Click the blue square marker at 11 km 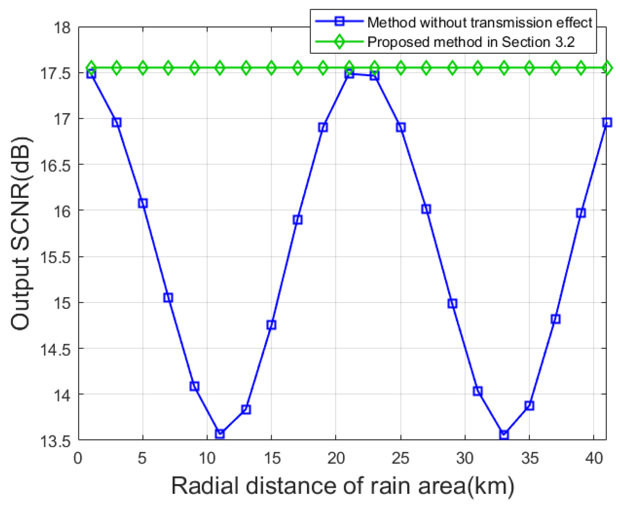[220, 434]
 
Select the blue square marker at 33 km [504, 434]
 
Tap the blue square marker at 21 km [349, 74]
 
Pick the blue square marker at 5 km [143, 203]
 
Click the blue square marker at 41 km [607, 122]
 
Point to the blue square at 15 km [271, 325]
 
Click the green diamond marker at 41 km [607, 68]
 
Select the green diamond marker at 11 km [220, 68]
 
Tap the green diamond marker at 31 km [478, 68]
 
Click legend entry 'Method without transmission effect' [479, 23]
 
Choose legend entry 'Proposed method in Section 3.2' [471, 42]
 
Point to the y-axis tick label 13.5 [55, 441]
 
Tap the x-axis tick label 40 [594, 458]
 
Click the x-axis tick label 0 [78, 458]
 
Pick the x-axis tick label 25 [400, 458]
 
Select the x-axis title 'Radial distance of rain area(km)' [343, 486]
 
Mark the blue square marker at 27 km [426, 209]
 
